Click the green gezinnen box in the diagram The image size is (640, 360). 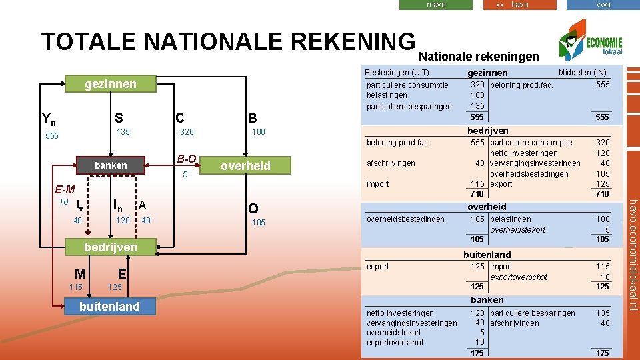pos(111,83)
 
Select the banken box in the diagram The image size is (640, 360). pos(110,165)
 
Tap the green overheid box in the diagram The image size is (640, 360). pos(245,166)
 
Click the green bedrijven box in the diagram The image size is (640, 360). pos(111,247)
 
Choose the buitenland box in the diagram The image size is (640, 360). pos(110,306)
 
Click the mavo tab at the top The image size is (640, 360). pos(436,5)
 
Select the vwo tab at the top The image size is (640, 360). pos(603,5)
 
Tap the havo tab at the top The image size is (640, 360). pos(519,5)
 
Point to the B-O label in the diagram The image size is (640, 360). pos(187,159)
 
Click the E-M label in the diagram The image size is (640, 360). pos(65,189)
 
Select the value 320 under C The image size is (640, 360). pos(187,132)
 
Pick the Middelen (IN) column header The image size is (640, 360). pos(582,72)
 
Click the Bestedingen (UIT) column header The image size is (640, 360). pos(398,72)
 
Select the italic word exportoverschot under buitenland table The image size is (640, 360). pos(518,277)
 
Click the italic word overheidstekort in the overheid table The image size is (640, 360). pos(517,229)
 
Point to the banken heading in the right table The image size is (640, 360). pos(487,300)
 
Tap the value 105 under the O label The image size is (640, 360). pos(258,222)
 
